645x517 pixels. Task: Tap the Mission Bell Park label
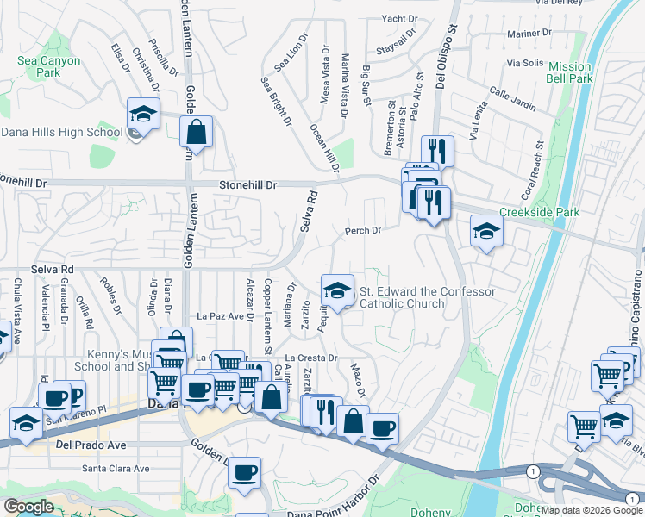point(570,72)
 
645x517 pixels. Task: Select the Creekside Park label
point(538,212)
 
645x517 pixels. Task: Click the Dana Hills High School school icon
point(143,114)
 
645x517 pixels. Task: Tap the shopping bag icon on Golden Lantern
point(197,133)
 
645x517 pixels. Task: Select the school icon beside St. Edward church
point(338,290)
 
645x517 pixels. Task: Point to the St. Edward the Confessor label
point(427,297)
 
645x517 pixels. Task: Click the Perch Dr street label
point(363,231)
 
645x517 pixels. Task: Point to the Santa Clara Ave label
point(116,469)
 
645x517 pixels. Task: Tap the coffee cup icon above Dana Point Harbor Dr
point(245,471)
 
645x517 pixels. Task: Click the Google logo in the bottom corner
point(29,507)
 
